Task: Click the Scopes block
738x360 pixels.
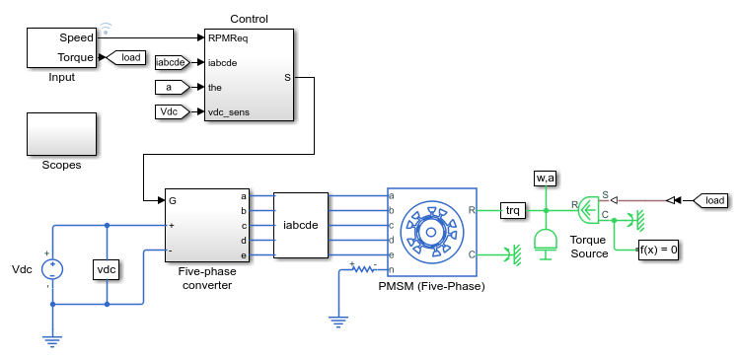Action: (x=61, y=134)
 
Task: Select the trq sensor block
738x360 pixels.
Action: (x=512, y=210)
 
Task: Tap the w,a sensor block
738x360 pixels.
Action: (x=546, y=178)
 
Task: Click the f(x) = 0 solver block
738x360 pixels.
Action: (x=658, y=250)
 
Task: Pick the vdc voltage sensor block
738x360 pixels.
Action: (x=107, y=269)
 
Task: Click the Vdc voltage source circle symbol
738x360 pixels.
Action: (x=52, y=269)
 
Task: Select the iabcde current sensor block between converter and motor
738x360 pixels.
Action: (x=301, y=226)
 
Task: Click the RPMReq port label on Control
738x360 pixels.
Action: (x=228, y=37)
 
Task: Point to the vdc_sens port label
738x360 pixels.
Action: (x=229, y=112)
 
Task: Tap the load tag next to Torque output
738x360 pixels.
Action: (x=126, y=57)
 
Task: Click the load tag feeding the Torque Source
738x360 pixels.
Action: (x=710, y=201)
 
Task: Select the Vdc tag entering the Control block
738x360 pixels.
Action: (x=173, y=112)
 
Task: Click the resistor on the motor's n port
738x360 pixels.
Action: (x=364, y=269)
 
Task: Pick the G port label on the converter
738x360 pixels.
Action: (x=173, y=201)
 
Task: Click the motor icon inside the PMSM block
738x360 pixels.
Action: (x=431, y=232)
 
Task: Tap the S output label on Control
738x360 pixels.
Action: (x=287, y=78)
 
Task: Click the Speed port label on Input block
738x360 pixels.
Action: (x=76, y=37)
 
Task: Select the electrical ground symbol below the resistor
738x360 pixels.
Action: (x=338, y=323)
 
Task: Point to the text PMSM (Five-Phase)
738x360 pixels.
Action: (x=431, y=286)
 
